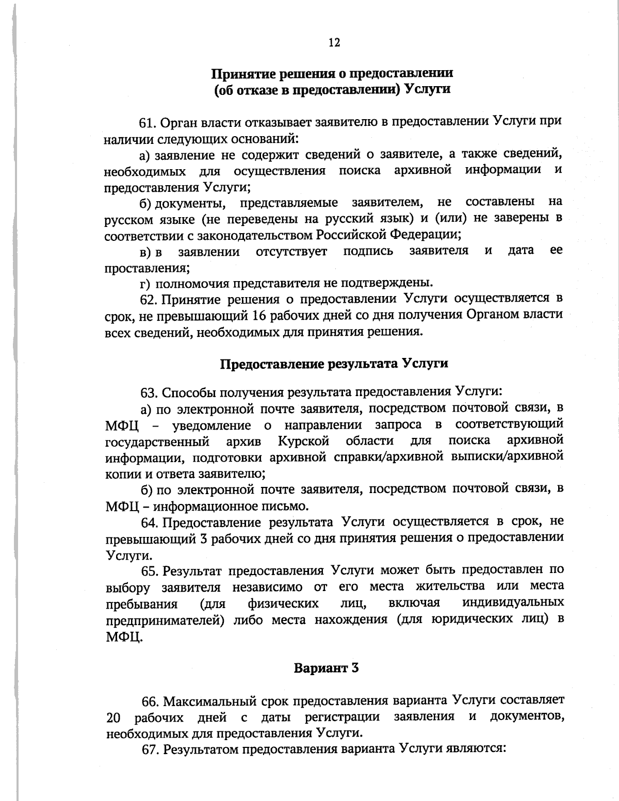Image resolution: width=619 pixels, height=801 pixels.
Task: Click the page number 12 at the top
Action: (x=334, y=43)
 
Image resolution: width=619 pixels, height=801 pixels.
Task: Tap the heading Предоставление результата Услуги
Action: (x=334, y=363)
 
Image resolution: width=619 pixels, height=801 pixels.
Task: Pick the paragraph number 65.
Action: (x=150, y=571)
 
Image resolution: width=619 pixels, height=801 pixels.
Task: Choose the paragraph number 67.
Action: (x=150, y=749)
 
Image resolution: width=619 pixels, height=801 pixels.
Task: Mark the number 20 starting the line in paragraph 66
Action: (x=113, y=717)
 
